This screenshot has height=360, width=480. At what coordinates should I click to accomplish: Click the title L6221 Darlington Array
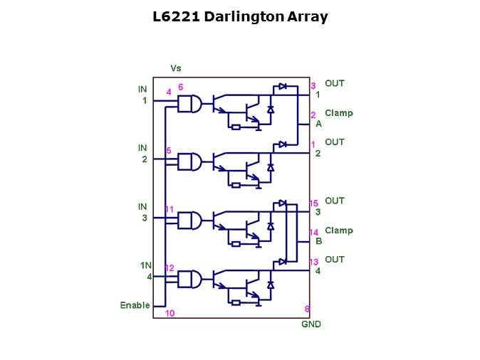pos(240,17)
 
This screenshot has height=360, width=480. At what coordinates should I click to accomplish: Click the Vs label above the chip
pos(176,68)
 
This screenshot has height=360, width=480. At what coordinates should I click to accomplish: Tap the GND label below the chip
pos(312,324)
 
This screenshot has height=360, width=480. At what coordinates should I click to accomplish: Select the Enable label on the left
pos(135,305)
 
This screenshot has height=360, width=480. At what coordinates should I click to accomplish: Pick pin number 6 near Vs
pos(181,87)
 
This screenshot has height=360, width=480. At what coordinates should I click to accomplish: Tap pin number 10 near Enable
pos(169,313)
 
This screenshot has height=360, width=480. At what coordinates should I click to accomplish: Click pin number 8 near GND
pos(307,309)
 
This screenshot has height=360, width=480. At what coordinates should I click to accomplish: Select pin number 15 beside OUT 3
pos(313,203)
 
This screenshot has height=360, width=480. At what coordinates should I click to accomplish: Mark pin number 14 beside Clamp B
pos(313,233)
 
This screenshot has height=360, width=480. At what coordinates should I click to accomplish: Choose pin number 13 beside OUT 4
pos(313,263)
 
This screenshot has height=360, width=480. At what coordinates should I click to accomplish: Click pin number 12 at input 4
pos(169,268)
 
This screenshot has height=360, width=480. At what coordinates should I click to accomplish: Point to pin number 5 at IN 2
pos(168,151)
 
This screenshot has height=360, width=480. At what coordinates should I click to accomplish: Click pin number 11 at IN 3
pos(169,209)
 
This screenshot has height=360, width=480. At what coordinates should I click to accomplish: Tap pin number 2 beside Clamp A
pos(313,115)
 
